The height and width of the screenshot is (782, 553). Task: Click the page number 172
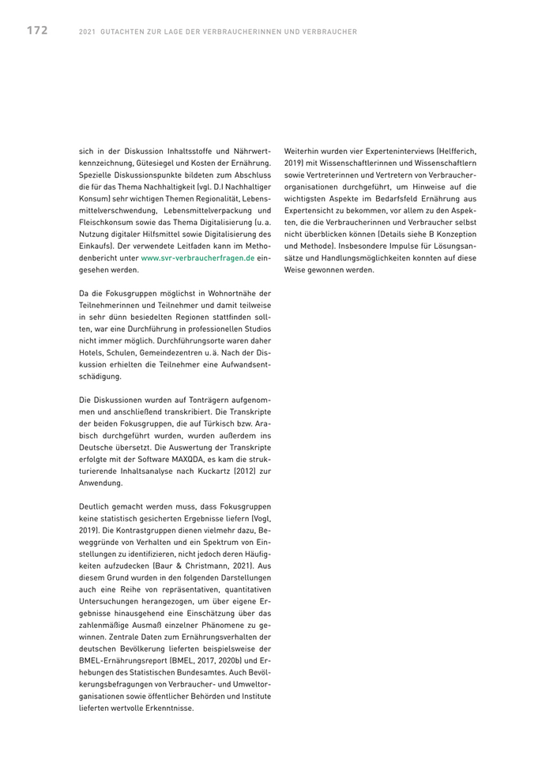pos(36,31)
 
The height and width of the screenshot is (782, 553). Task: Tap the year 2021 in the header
pos(88,32)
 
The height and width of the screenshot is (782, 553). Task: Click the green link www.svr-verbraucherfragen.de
pos(197,258)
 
